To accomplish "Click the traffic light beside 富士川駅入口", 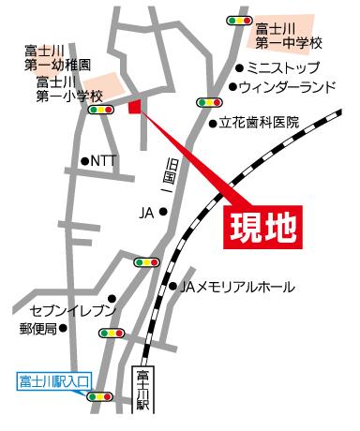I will [98, 397].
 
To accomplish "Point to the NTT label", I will [103, 161].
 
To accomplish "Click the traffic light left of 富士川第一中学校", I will [239, 20].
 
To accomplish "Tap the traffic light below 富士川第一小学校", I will [98, 110].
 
